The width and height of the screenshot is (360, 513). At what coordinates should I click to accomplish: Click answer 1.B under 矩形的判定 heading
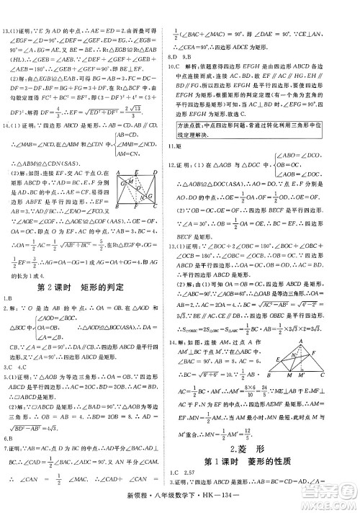pyautogui.click(x=9, y=301)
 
